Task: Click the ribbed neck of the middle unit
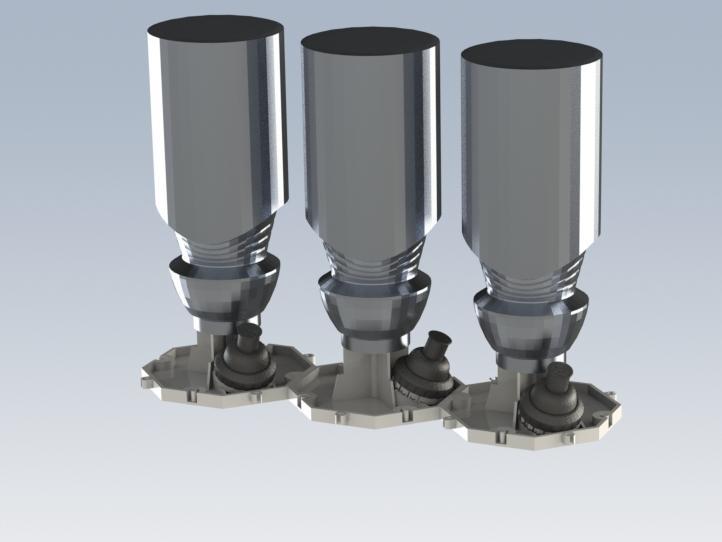[372, 259]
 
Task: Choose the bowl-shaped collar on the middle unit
[373, 303]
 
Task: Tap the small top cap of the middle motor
[438, 343]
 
